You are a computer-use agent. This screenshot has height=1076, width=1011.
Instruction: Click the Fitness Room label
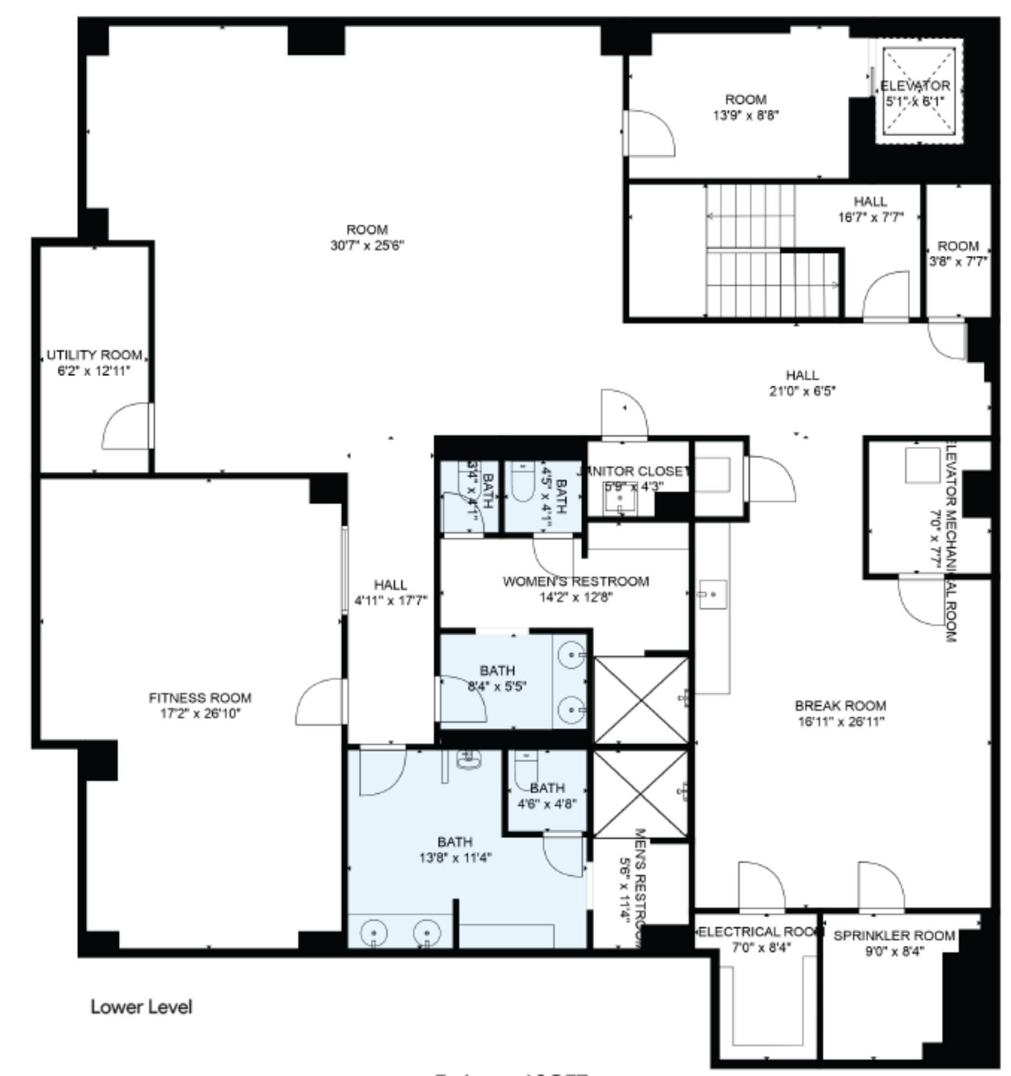pyautogui.click(x=200, y=698)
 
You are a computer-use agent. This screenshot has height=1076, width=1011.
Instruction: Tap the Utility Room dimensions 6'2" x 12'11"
pyautogui.click(x=94, y=371)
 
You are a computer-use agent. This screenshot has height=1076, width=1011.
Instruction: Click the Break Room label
pyautogui.click(x=840, y=705)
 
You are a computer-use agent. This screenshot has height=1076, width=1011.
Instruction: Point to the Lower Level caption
pyautogui.click(x=141, y=1007)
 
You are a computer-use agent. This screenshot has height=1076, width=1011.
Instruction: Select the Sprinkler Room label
pyautogui.click(x=894, y=935)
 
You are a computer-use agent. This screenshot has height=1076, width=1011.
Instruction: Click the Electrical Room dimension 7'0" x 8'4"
pyautogui.click(x=762, y=948)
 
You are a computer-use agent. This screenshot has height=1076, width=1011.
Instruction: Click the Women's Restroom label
pyautogui.click(x=576, y=581)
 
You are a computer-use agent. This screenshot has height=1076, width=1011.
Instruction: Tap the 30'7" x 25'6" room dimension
pyautogui.click(x=367, y=245)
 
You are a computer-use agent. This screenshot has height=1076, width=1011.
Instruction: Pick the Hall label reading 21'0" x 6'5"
pyautogui.click(x=803, y=391)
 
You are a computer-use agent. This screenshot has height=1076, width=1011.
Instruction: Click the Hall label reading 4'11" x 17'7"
pyautogui.click(x=391, y=601)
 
